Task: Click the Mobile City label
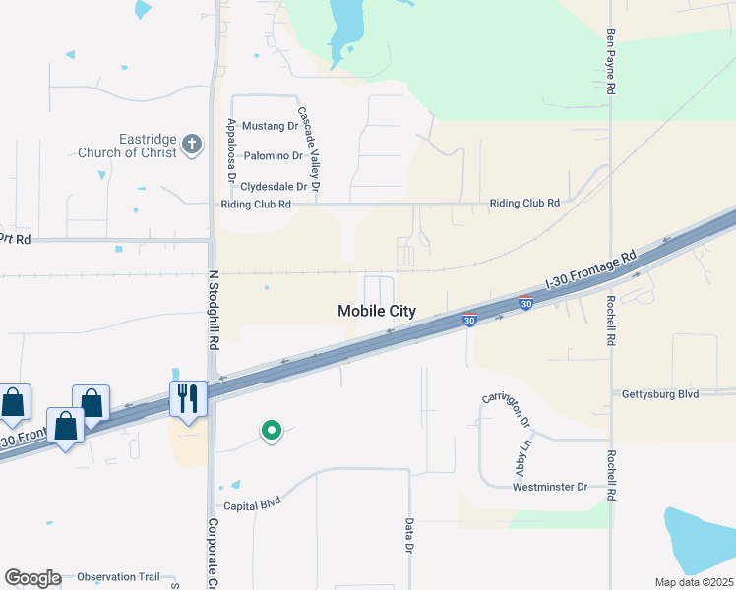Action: coord(377,311)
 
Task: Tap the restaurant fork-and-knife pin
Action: coord(187,398)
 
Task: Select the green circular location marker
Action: coord(271,430)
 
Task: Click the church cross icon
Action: coord(191,147)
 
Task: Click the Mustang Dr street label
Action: coord(270,126)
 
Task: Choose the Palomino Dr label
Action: coord(274,156)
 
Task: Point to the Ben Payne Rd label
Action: coord(611,61)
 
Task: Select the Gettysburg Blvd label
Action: coord(659,394)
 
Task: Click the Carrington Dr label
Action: coord(507,411)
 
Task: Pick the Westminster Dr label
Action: coord(550,487)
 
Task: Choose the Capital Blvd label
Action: coord(253,504)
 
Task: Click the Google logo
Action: coord(32,578)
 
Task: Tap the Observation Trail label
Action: coord(117,577)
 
